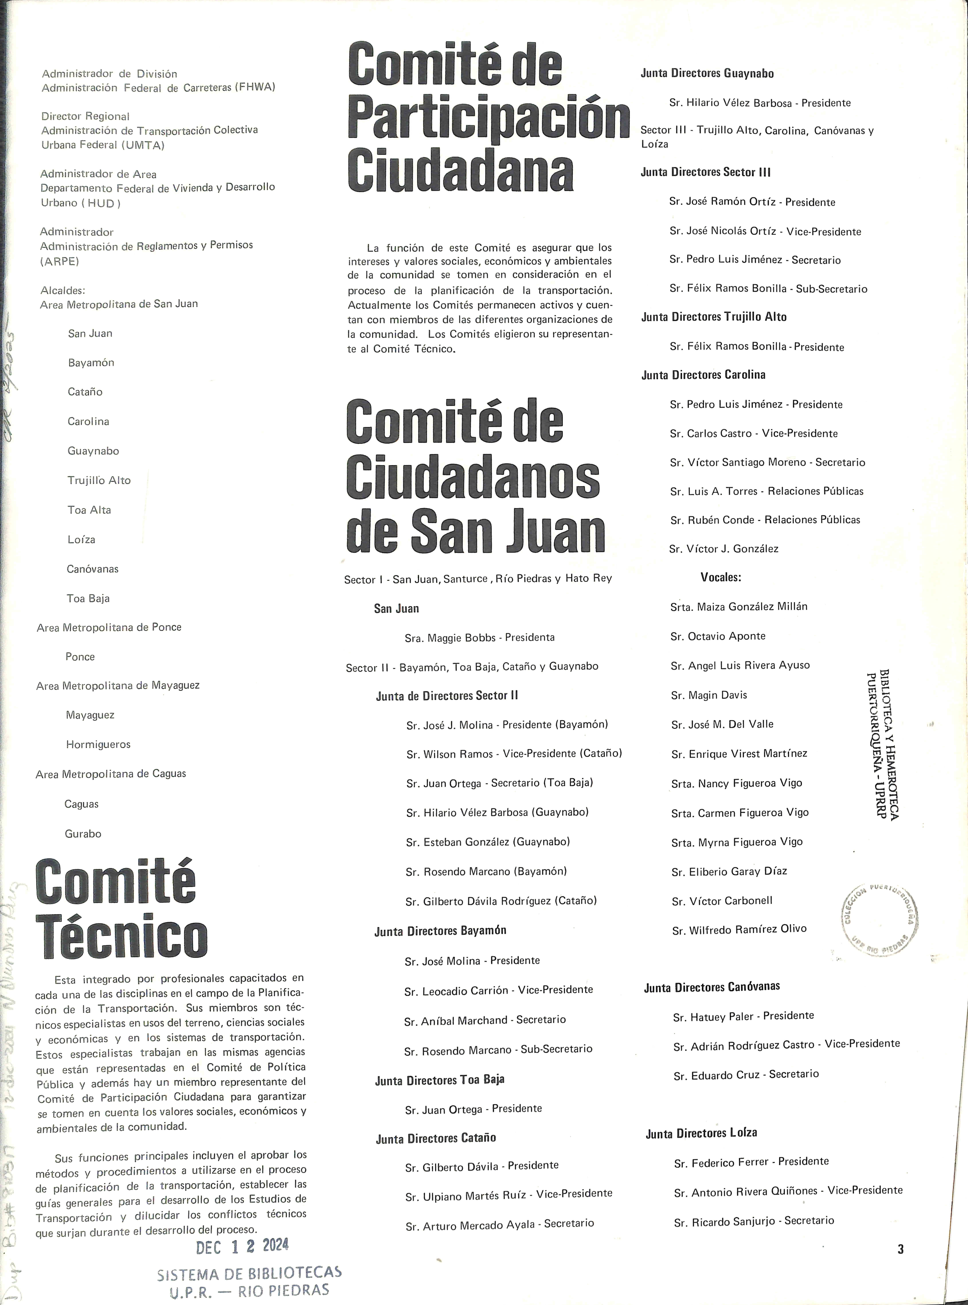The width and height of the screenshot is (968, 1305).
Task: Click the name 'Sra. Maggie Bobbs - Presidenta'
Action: (x=479, y=637)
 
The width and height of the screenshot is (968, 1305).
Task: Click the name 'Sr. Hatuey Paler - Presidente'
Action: (x=743, y=1016)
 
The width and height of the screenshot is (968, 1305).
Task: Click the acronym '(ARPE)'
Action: (x=59, y=261)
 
